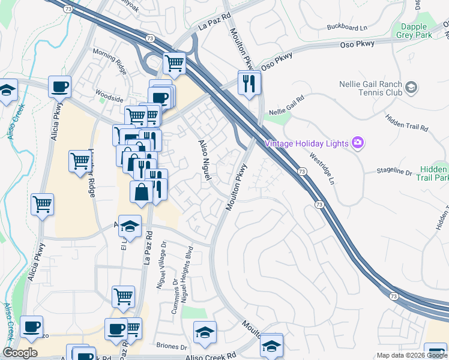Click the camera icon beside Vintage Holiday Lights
click(358, 142)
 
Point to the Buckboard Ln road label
click(347, 28)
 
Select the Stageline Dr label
click(394, 172)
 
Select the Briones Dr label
click(171, 346)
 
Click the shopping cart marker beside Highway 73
click(174, 62)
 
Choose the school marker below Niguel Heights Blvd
click(205, 332)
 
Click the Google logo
click(20, 353)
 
